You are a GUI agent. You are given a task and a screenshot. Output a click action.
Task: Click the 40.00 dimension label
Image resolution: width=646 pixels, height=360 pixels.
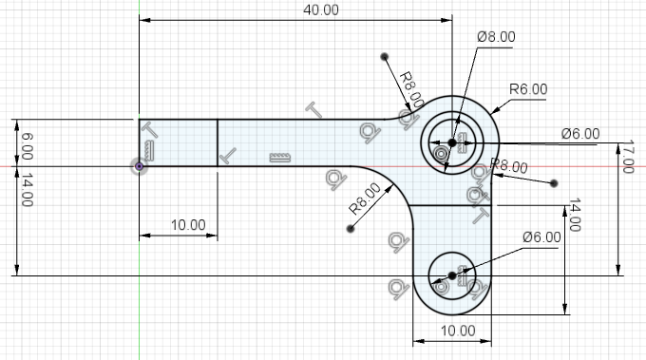click(x=321, y=9)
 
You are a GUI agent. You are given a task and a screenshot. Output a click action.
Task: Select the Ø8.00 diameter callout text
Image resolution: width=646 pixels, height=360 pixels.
click(x=496, y=37)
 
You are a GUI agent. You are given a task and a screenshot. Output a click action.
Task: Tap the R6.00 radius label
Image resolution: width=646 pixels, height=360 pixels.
click(x=528, y=89)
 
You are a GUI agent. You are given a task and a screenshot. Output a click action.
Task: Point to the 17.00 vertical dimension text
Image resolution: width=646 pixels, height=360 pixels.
click(x=627, y=157)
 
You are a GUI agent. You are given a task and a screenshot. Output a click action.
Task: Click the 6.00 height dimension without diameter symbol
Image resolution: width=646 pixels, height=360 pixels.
click(x=28, y=146)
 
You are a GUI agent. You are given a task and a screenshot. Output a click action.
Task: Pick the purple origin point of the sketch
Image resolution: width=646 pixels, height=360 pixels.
click(x=140, y=166)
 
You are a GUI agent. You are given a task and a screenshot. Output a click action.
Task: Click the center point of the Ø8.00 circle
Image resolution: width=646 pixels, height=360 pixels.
click(x=452, y=142)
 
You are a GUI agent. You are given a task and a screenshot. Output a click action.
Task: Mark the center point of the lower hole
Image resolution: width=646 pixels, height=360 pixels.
click(x=452, y=275)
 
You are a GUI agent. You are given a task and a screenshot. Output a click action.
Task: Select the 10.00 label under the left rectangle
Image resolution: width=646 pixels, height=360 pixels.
click(x=188, y=225)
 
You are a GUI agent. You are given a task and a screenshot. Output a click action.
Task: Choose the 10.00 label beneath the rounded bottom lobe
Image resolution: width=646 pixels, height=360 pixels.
click(x=458, y=331)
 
